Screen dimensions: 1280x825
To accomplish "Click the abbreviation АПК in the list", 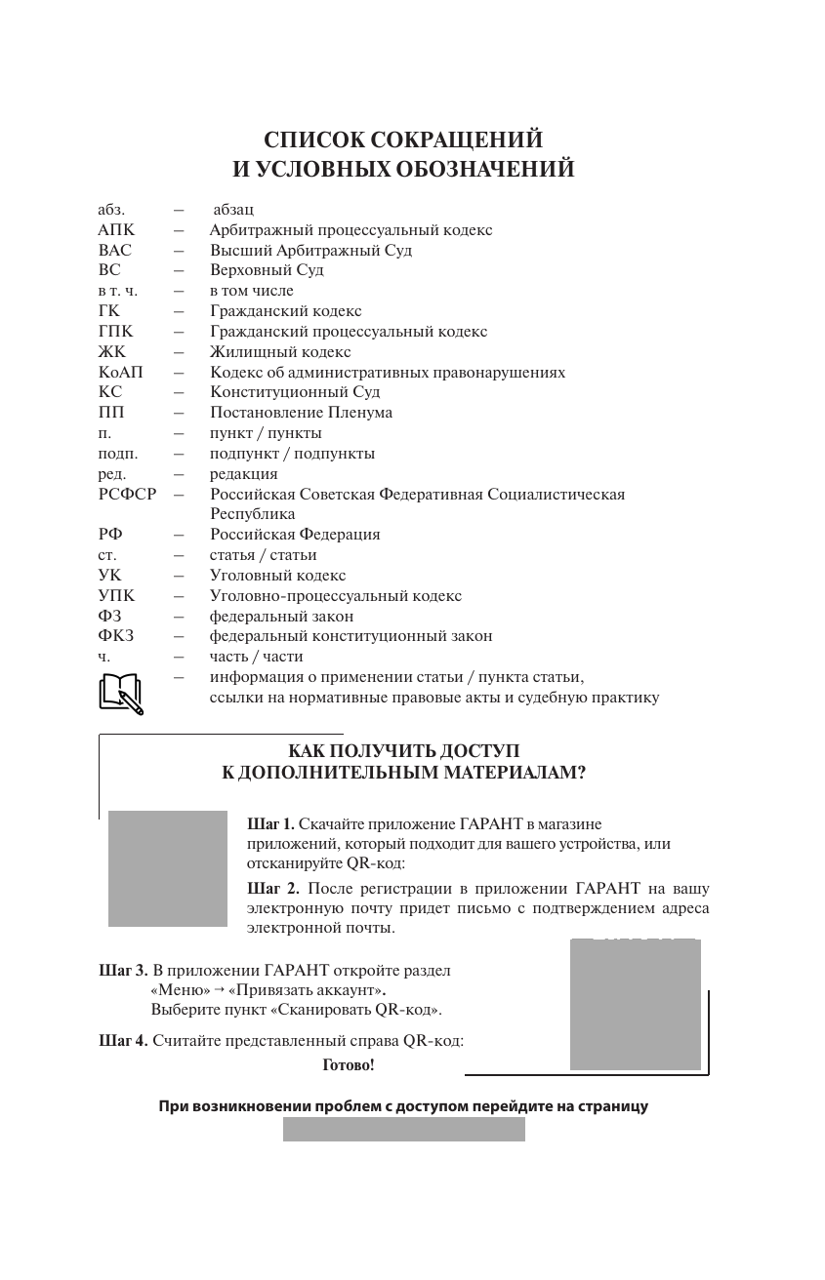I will tap(116, 230).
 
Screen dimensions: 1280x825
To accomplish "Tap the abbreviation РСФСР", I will tap(127, 494).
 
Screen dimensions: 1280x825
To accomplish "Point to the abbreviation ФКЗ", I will tap(116, 636).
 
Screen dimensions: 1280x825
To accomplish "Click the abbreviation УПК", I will tap(116, 595).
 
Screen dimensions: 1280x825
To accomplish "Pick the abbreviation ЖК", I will tap(112, 351).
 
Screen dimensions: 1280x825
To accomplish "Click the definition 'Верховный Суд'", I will tap(267, 270).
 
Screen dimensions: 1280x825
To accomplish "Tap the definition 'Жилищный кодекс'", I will tap(280, 351).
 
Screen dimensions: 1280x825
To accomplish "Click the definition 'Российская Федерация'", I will tap(295, 535).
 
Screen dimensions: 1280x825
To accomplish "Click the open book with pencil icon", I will tap(121, 693).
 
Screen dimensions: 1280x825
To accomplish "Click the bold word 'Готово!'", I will tap(349, 1065).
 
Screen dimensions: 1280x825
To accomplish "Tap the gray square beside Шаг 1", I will tap(167, 868).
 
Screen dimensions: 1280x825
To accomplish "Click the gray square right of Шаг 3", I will tap(635, 1005).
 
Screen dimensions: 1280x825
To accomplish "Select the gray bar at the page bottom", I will tap(403, 1130).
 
